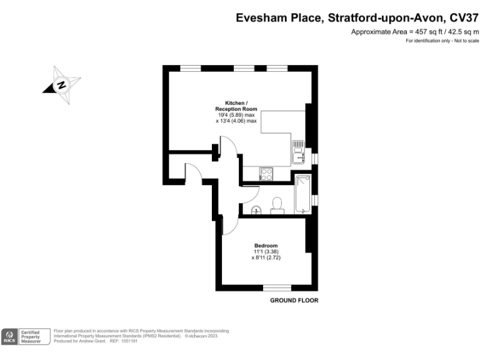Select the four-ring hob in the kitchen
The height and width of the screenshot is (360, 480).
266,173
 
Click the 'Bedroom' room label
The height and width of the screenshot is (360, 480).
266,246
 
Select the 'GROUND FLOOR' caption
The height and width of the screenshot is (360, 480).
294,301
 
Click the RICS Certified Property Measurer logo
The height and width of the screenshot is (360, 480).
26,337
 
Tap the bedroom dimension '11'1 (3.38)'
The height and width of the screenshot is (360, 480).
266,251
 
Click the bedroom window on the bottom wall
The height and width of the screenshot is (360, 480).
276,288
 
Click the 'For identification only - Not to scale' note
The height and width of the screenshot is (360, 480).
442,41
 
